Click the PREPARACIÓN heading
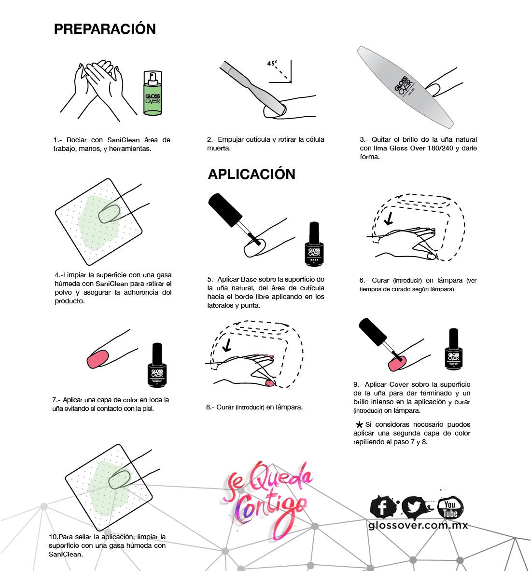(105, 29)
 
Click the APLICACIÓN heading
(252, 174)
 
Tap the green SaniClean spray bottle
(153, 93)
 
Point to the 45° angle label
(272, 63)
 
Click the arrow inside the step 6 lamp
(389, 218)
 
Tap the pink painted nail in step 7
(98, 359)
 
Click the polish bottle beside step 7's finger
(157, 365)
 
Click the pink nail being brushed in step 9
(397, 363)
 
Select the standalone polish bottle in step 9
(453, 350)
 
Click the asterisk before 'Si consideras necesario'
(359, 424)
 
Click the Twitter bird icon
(415, 507)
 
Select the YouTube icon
(450, 508)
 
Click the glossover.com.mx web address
(418, 526)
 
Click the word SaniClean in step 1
(124, 140)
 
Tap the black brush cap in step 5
(225, 210)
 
